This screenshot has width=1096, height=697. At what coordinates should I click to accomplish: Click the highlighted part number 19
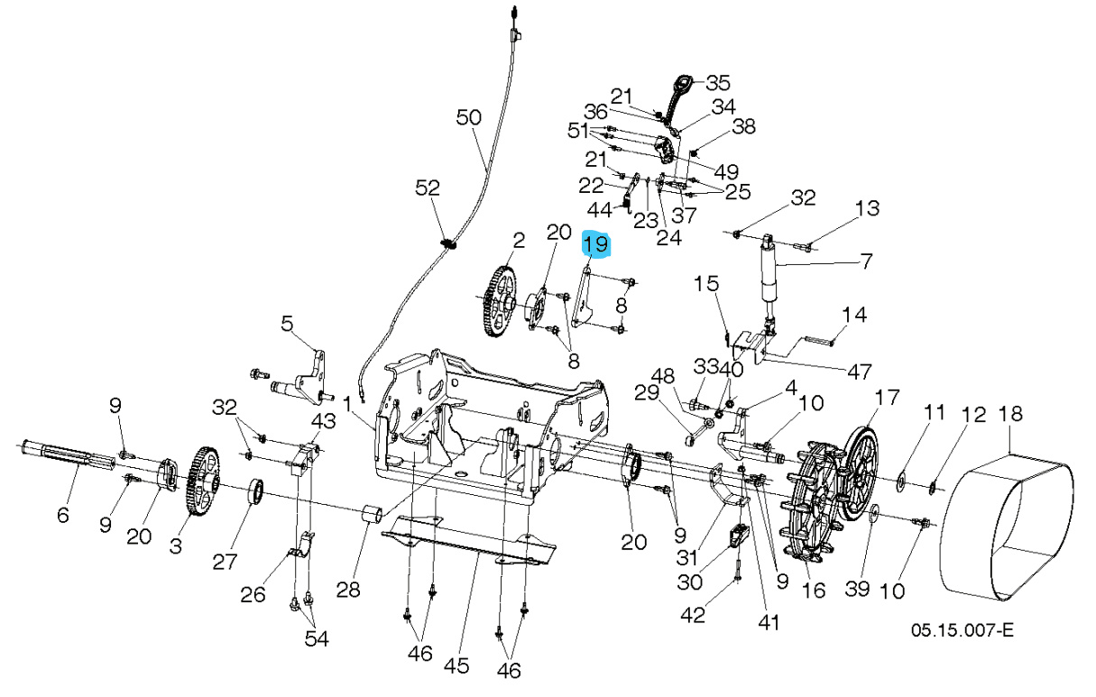click(x=596, y=244)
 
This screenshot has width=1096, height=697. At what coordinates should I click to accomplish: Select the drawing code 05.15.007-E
click(x=962, y=629)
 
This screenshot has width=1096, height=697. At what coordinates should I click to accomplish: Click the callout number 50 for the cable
click(x=469, y=117)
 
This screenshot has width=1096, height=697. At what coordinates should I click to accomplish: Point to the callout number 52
click(x=427, y=188)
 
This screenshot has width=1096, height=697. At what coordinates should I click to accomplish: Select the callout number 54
click(x=316, y=638)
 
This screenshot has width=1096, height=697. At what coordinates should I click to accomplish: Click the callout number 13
click(x=866, y=209)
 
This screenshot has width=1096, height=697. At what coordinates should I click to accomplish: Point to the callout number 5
click(x=287, y=323)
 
